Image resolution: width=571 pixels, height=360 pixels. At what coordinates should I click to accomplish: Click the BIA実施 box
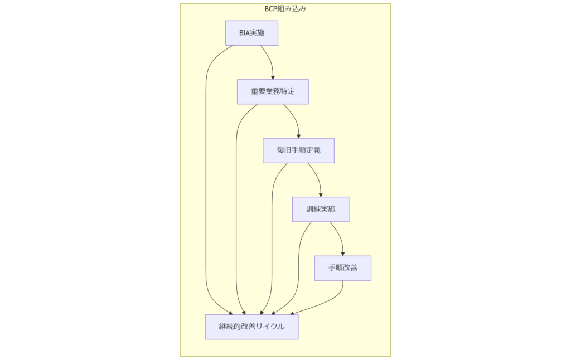tap(251, 33)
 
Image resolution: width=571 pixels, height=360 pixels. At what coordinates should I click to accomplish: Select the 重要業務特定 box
tap(273, 92)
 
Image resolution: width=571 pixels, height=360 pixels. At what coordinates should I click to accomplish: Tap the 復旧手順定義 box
tap(298, 150)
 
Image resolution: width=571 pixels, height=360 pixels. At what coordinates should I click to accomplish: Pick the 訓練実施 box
tap(321, 210)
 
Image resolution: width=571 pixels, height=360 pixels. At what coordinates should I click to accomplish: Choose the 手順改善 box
tap(342, 268)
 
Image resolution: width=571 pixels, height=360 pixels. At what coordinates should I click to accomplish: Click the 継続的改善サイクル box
tap(251, 327)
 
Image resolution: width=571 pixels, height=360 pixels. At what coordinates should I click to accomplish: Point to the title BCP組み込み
tap(285, 9)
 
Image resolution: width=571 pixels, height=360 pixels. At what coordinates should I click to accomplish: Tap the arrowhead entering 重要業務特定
tap(273, 77)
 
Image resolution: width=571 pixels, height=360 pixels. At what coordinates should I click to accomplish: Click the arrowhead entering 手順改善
tap(342, 253)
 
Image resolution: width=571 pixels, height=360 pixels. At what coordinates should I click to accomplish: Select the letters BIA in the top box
tap(245, 33)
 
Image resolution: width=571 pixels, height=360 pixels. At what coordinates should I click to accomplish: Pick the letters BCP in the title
tap(272, 9)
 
